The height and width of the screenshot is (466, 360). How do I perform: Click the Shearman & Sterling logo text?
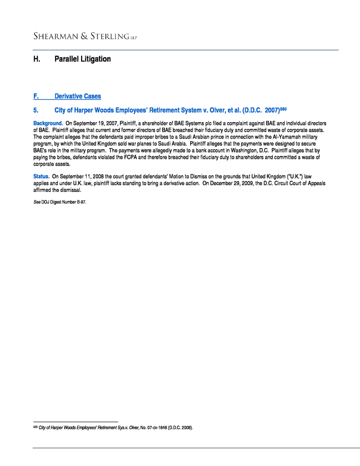click(x=84, y=37)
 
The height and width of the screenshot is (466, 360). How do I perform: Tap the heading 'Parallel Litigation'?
click(x=82, y=59)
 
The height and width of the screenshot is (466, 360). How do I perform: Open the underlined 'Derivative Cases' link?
click(x=78, y=96)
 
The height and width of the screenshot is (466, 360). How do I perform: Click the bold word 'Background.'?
click(x=48, y=123)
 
